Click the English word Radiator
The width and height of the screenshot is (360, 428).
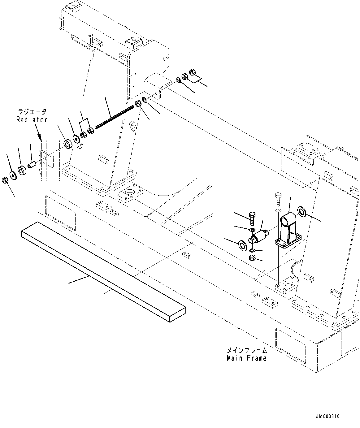(32, 119)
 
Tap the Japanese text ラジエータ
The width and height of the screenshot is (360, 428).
(32, 111)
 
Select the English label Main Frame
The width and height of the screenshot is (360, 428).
(246, 358)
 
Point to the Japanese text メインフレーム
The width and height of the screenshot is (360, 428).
(246, 350)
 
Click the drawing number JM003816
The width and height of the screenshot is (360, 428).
(327, 416)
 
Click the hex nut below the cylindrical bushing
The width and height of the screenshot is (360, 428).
(252, 257)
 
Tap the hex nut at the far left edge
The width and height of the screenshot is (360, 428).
(5, 180)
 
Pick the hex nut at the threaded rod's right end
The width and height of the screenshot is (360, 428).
(138, 104)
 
